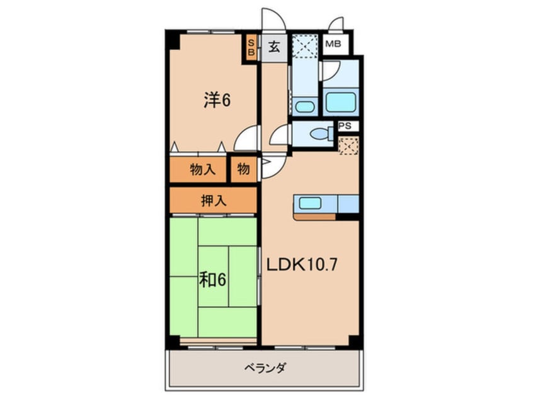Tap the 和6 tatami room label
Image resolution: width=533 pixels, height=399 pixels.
click(x=214, y=278)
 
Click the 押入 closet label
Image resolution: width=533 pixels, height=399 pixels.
click(x=213, y=201)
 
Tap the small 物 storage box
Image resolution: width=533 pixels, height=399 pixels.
click(x=244, y=169)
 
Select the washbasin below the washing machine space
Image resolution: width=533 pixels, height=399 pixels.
click(x=305, y=106)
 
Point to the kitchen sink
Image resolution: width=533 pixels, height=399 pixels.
click(x=309, y=203)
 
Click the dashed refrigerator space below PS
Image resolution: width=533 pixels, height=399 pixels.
click(x=348, y=146)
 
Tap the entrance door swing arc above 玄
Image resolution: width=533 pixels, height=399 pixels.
click(x=273, y=19)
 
